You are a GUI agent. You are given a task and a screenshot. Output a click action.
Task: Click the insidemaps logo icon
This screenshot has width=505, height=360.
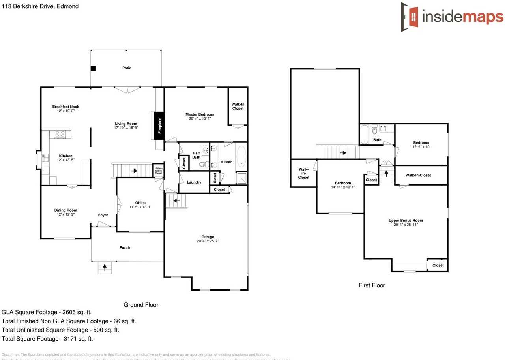coord(410,17)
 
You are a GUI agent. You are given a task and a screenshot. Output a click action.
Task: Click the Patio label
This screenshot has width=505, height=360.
coord(127,68)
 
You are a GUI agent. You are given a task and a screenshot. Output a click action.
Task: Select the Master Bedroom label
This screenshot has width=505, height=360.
coord(200,114)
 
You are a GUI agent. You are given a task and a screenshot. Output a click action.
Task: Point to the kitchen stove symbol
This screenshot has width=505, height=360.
coord(60,134)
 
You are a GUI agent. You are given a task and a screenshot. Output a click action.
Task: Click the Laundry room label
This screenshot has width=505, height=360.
coord(194,182)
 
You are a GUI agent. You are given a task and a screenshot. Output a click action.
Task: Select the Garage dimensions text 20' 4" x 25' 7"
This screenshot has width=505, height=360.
coord(208,241)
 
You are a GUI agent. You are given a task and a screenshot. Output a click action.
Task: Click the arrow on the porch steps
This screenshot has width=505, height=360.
coord(105,267)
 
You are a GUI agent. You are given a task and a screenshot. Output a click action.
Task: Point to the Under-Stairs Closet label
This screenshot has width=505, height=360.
coord(158,170)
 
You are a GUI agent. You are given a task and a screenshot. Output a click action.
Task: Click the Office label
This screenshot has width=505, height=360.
coord(140,203)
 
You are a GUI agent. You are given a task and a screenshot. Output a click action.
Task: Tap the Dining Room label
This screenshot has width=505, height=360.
coord(65,210)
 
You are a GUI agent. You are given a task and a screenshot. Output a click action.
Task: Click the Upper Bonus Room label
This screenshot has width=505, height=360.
coord(406,221)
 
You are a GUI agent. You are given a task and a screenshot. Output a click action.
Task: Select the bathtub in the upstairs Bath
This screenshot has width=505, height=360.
coord(364,133)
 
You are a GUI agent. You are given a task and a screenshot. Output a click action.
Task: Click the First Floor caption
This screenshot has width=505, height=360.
coord(372,285)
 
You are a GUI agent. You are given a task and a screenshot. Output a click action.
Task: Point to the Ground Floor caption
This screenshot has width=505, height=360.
coord(141,305)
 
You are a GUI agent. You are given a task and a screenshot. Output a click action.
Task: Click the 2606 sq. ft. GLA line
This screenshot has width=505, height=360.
coord(47,312)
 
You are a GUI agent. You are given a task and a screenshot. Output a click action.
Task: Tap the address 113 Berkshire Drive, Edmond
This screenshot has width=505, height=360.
coord(39,6)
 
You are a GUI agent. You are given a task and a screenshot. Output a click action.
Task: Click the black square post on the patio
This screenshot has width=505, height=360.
coord(93,68)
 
